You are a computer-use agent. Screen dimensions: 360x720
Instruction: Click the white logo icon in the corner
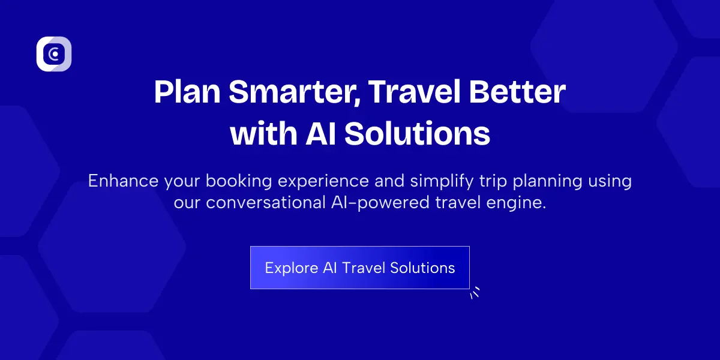(x=54, y=54)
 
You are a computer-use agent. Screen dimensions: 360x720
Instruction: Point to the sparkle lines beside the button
(x=475, y=293)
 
